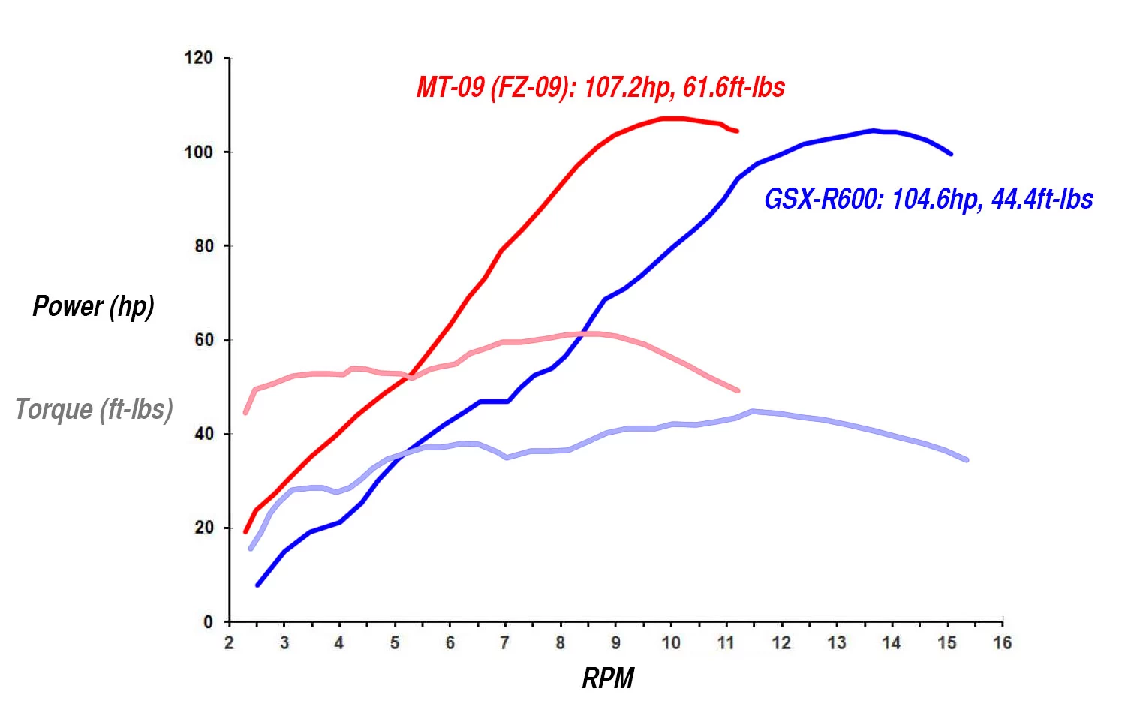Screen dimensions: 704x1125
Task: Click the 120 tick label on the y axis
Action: click(199, 58)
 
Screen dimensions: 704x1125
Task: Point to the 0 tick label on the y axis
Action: click(208, 622)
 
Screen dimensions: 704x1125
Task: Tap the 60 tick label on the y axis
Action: click(203, 340)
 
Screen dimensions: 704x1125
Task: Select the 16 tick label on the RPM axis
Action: click(1003, 643)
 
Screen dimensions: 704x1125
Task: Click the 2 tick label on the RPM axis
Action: click(229, 643)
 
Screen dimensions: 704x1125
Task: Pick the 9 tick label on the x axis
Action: click(615, 643)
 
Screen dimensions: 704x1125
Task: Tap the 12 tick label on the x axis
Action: click(781, 643)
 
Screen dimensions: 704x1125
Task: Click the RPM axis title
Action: click(608, 678)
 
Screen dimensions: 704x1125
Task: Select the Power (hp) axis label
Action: click(93, 306)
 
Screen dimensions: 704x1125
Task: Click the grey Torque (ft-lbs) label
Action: click(94, 409)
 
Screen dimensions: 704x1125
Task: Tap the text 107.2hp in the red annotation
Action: click(627, 88)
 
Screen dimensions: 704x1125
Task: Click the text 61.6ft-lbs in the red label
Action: click(734, 88)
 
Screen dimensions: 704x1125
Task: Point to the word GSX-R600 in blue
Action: click(821, 199)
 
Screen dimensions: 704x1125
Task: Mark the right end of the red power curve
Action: click(737, 131)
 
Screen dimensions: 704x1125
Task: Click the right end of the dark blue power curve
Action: click(951, 154)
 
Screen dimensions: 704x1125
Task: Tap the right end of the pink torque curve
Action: click(738, 390)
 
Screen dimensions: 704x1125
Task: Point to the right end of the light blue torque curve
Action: click(966, 459)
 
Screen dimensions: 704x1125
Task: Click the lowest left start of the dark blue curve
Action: click(257, 585)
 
